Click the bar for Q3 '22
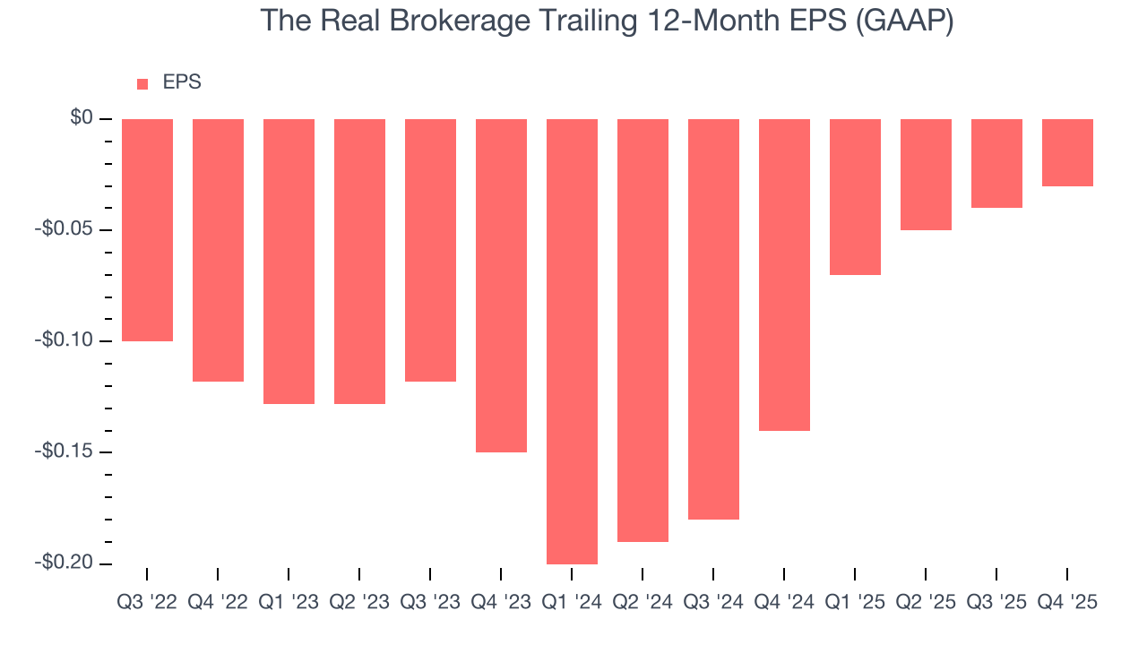(x=147, y=230)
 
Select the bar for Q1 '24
(x=572, y=341)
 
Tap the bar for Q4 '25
(x=1067, y=152)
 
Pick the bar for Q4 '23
(x=501, y=286)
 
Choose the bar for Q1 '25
(x=855, y=197)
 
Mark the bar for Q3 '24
(x=713, y=319)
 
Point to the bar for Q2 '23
(x=359, y=262)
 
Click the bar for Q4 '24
(x=784, y=275)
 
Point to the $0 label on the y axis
(x=82, y=118)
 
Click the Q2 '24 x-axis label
(x=642, y=603)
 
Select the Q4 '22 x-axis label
(x=218, y=603)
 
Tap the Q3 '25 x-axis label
(x=996, y=603)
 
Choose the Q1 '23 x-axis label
(x=289, y=603)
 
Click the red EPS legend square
(x=142, y=84)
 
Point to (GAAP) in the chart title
(x=903, y=21)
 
